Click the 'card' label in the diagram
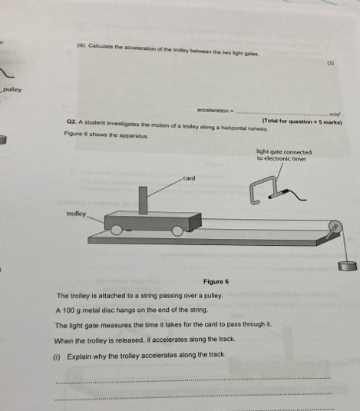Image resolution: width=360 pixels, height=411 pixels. pyautogui.click(x=189, y=178)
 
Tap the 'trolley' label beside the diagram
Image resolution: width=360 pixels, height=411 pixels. pyautogui.click(x=76, y=214)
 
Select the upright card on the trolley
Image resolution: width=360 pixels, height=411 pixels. pyautogui.click(x=143, y=201)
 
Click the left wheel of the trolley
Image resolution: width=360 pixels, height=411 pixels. pyautogui.click(x=117, y=230)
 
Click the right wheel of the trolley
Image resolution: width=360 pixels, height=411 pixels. pyautogui.click(x=177, y=230)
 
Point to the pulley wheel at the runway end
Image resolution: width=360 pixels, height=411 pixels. pyautogui.click(x=335, y=227)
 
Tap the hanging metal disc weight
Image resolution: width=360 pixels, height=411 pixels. pyautogui.click(x=348, y=266)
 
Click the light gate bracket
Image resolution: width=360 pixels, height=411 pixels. pyautogui.click(x=263, y=190)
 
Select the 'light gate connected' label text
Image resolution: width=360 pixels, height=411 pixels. pyautogui.click(x=284, y=152)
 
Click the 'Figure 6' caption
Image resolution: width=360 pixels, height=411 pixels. pyautogui.click(x=216, y=282)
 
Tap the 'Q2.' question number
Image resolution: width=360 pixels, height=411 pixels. pyautogui.click(x=71, y=122)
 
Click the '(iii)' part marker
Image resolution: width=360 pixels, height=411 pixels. pyautogui.click(x=81, y=45)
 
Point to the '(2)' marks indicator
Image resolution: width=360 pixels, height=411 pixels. pyautogui.click(x=331, y=63)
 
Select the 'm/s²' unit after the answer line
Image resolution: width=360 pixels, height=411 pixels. pyautogui.click(x=335, y=114)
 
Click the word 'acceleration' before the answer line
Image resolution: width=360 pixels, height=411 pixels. pyautogui.click(x=213, y=111)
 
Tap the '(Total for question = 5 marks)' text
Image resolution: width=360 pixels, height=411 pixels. pyautogui.click(x=302, y=121)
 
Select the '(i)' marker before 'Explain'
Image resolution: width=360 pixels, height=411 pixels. pyautogui.click(x=57, y=357)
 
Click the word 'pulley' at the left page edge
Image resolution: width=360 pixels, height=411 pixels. pyautogui.click(x=12, y=90)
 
